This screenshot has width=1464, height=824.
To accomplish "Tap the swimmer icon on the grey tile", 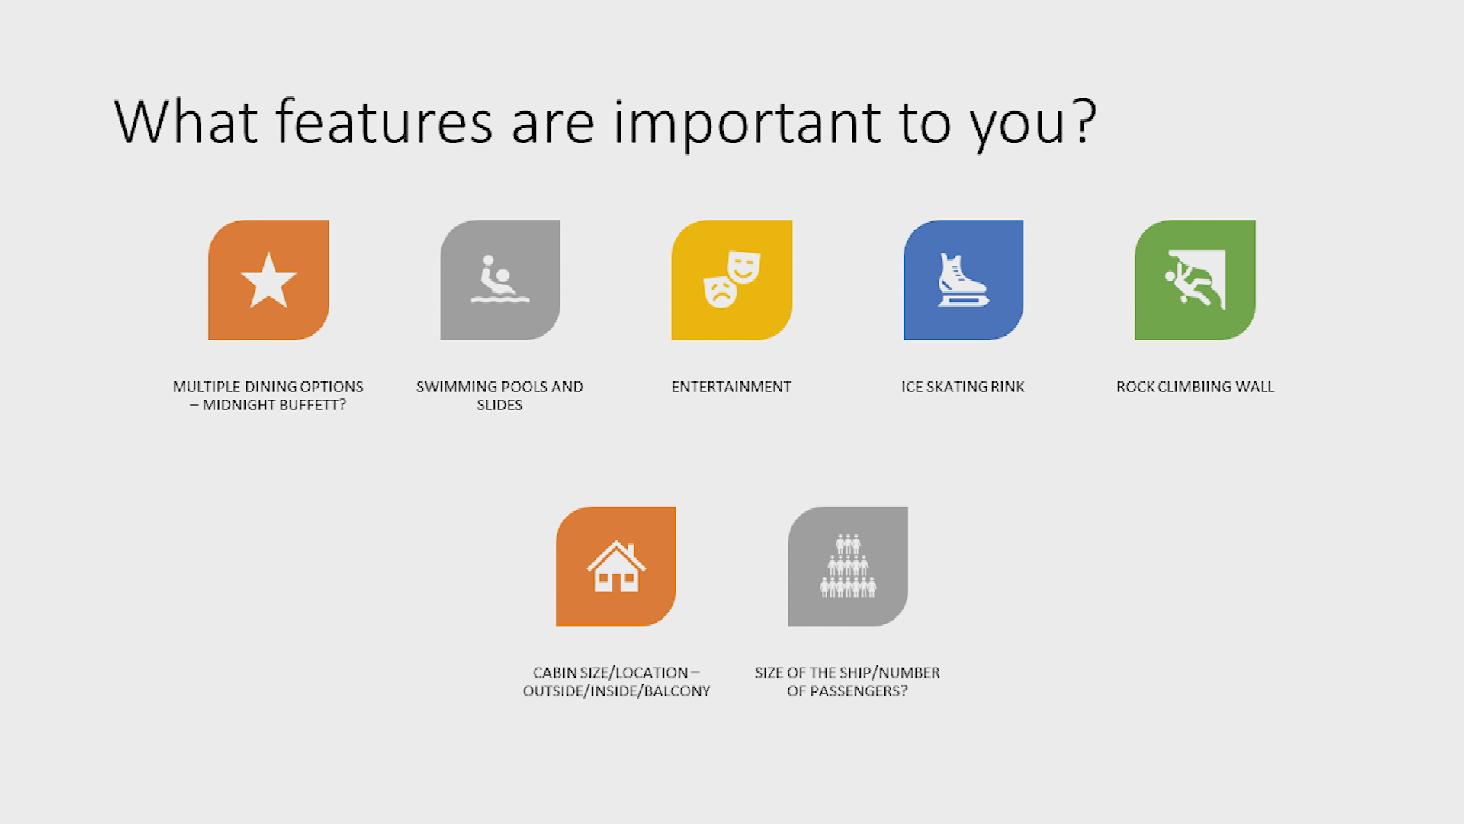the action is click(x=500, y=279).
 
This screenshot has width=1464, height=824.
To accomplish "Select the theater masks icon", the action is click(x=731, y=279).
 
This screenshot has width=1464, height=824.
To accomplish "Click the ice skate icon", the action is click(x=962, y=280).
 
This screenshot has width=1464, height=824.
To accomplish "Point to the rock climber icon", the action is click(x=1195, y=279).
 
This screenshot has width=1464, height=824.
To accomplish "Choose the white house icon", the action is click(x=616, y=566).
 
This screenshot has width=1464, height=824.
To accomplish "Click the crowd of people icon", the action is click(x=848, y=565).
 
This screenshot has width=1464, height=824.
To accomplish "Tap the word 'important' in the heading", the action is click(x=747, y=124).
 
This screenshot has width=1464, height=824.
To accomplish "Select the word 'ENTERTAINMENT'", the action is click(x=731, y=387).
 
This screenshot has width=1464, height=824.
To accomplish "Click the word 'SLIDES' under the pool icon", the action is click(x=499, y=405).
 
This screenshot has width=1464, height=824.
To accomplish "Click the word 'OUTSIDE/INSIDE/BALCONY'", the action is click(x=616, y=691).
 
